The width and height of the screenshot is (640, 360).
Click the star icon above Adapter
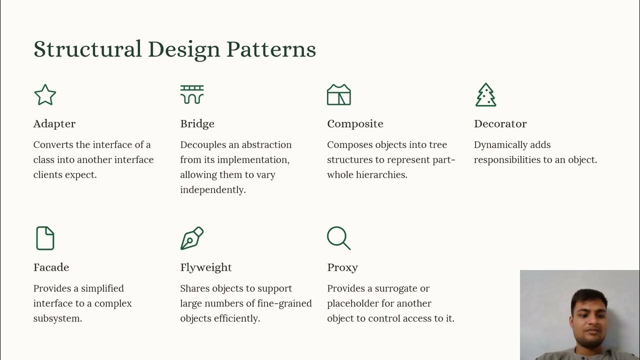click(45, 94)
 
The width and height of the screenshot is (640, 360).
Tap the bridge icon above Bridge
click(192, 94)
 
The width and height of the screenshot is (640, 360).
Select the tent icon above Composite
click(339, 94)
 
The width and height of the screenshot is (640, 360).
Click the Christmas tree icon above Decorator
click(485, 94)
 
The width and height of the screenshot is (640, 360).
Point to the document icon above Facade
click(45, 238)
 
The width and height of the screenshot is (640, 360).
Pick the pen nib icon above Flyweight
click(192, 238)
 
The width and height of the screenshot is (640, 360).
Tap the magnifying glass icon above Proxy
click(338, 238)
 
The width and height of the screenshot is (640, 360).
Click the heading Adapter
click(54, 123)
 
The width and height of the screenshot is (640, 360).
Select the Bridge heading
click(197, 123)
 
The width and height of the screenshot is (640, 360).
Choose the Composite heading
click(355, 123)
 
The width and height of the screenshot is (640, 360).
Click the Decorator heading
click(500, 123)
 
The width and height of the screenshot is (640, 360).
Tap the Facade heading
click(51, 267)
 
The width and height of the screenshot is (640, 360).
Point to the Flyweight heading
click(206, 267)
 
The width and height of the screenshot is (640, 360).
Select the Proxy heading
click(342, 267)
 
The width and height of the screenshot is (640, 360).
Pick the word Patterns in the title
click(271, 49)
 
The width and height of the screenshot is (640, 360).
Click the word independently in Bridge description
click(213, 190)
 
